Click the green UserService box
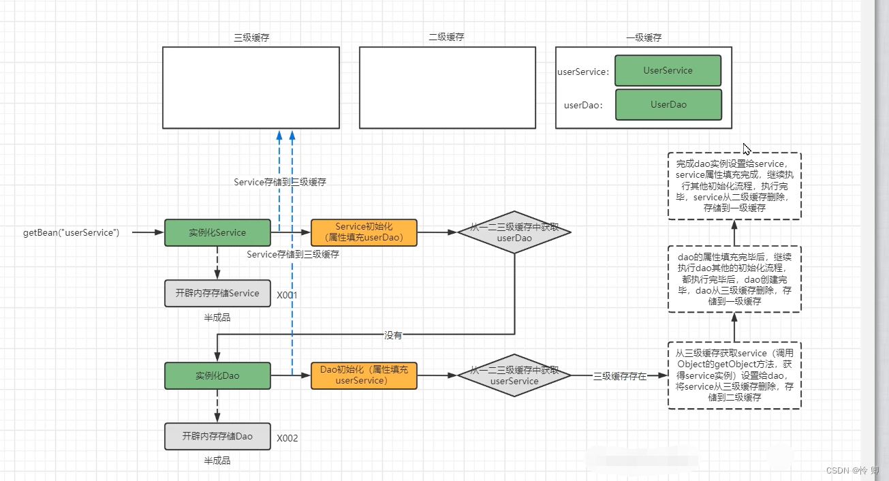[x=668, y=71]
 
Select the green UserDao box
[x=668, y=105]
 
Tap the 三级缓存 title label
[x=251, y=37]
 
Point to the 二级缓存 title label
[x=446, y=37]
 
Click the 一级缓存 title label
[x=644, y=37]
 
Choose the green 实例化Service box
[x=217, y=232]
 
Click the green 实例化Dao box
[x=217, y=375]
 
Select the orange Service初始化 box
[x=364, y=232]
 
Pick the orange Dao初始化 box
[x=364, y=375]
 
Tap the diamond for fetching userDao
[x=514, y=232]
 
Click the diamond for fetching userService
[x=514, y=375]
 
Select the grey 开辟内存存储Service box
[x=217, y=293]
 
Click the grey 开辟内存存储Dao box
[x=217, y=436]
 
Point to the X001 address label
[x=287, y=295]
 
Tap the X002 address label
[x=287, y=438]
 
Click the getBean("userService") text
[x=71, y=232]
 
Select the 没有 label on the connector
[x=393, y=335]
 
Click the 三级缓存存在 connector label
[x=619, y=376]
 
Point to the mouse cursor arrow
[x=747, y=149]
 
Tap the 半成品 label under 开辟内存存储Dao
[x=217, y=461]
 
